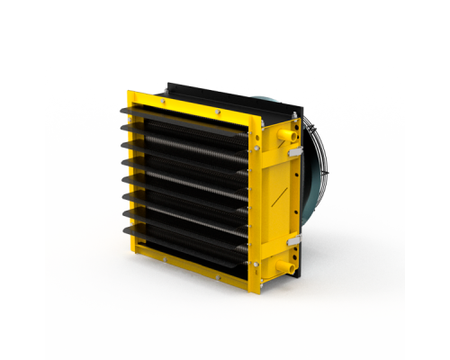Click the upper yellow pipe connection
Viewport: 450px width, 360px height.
pos(287,134)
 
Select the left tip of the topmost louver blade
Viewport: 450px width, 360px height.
pos(121,126)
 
